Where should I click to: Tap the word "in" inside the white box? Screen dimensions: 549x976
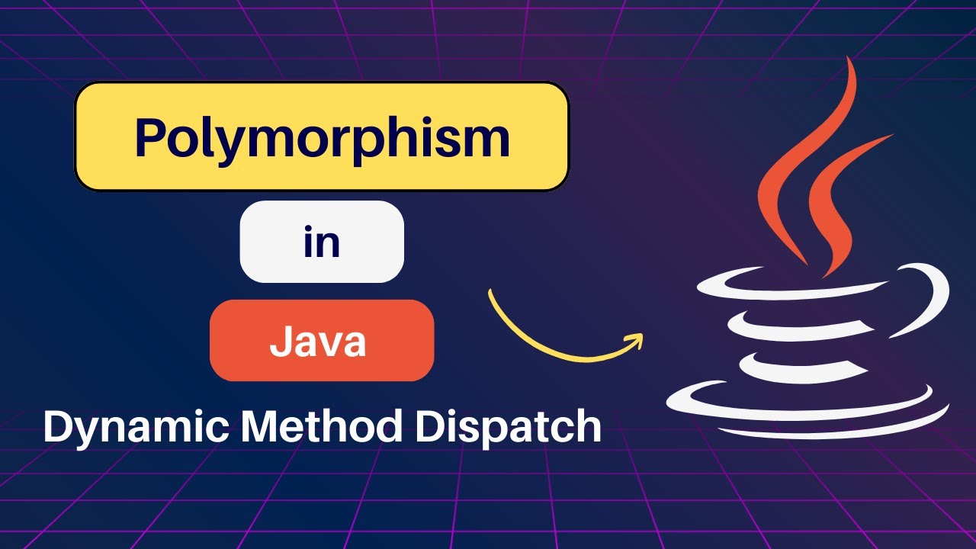point(322,242)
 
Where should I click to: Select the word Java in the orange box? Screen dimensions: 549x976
point(318,342)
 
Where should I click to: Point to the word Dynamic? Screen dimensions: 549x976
point(134,427)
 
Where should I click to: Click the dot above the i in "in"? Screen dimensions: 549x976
point(308,226)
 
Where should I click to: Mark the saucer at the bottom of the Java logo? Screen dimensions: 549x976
point(808,412)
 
